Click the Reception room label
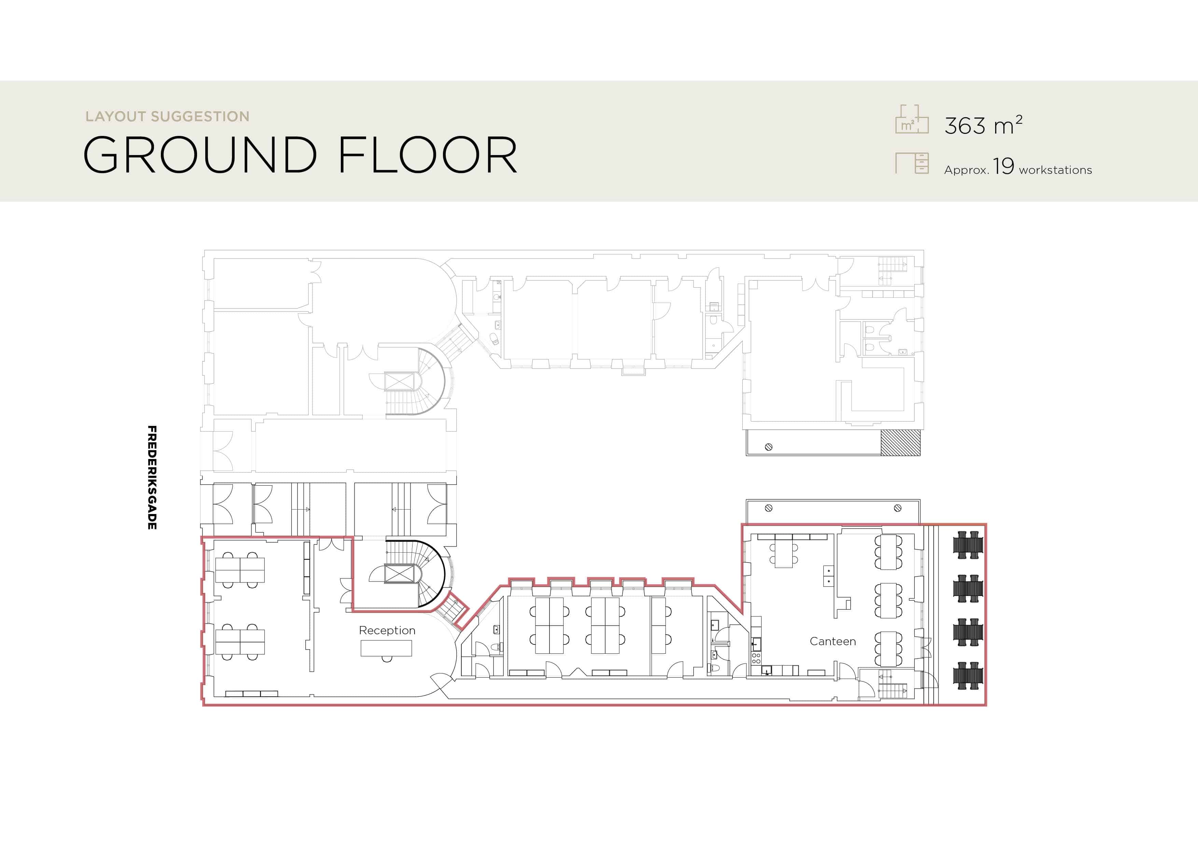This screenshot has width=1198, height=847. pos(387,630)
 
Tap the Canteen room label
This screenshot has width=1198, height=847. pos(833,641)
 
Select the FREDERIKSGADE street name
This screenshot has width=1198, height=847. pos(152,477)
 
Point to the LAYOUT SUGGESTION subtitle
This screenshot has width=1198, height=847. pos(167,116)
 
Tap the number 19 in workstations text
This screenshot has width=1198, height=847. pos(1003,166)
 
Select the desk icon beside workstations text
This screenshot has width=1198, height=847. pos(912,163)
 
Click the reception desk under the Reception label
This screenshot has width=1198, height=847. pos(386,649)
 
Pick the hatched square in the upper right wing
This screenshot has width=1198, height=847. pos(901,443)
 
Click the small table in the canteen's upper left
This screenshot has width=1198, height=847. pos(784,553)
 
